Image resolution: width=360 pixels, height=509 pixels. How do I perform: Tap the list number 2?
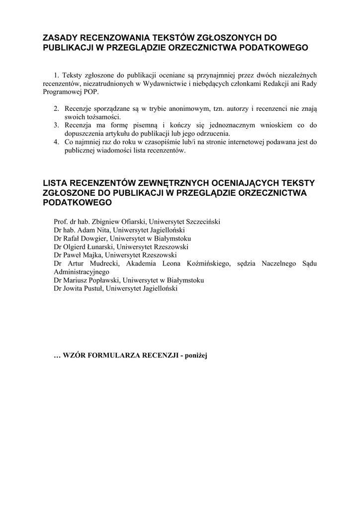(x=57, y=108)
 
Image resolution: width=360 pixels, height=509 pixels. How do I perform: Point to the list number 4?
(x=57, y=142)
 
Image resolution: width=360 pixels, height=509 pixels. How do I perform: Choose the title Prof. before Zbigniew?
(x=61, y=222)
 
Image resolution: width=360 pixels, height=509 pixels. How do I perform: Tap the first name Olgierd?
(x=76, y=247)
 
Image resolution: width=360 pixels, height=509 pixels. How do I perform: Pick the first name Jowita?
(x=75, y=288)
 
